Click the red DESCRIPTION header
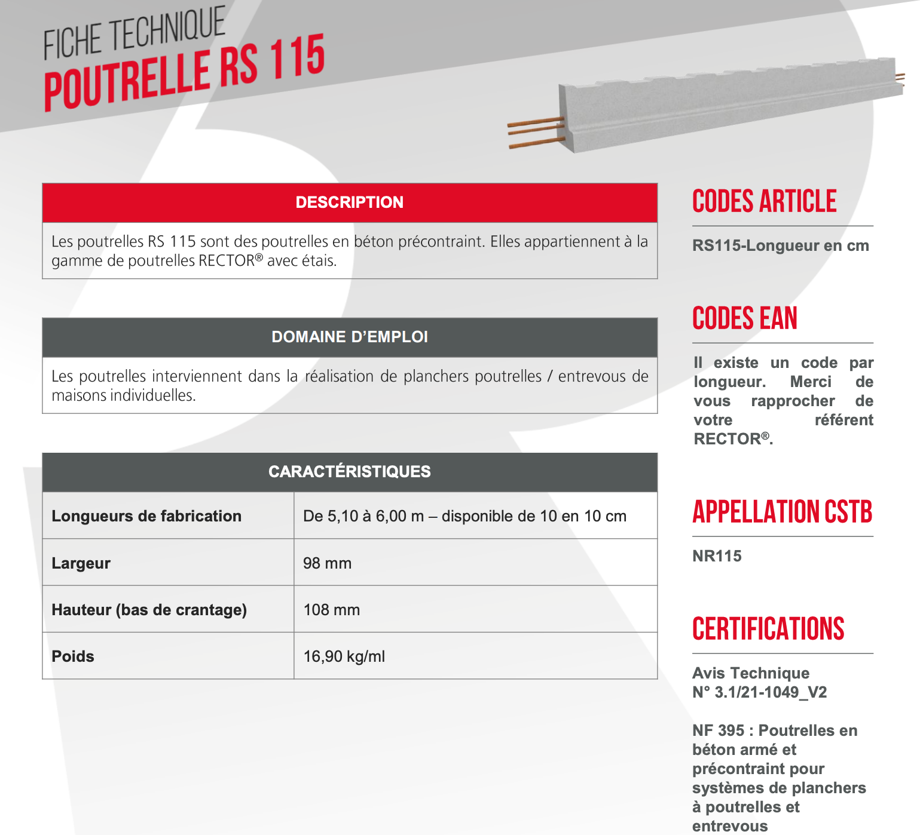(x=350, y=202)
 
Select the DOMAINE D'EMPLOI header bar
(x=350, y=337)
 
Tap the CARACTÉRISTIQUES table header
(x=350, y=472)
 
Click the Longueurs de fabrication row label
(x=146, y=516)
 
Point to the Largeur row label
(x=81, y=563)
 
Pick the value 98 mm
(x=327, y=563)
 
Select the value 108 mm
(x=331, y=610)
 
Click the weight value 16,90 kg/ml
(x=344, y=656)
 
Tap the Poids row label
(x=73, y=656)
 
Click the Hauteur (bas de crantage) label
(x=149, y=610)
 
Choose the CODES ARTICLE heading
(x=764, y=201)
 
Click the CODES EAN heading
(x=745, y=318)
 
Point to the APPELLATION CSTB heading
(x=782, y=512)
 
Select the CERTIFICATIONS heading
(x=768, y=629)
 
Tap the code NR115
(x=717, y=556)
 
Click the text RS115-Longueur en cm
(x=780, y=245)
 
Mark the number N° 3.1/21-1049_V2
(x=759, y=692)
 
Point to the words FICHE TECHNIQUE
(x=135, y=34)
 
